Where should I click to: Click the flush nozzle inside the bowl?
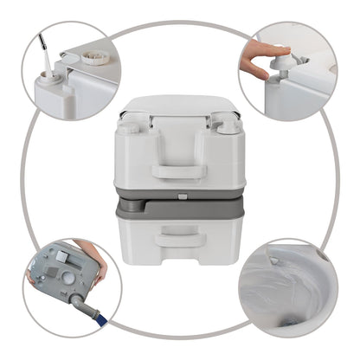pyautogui.click(x=275, y=258)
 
